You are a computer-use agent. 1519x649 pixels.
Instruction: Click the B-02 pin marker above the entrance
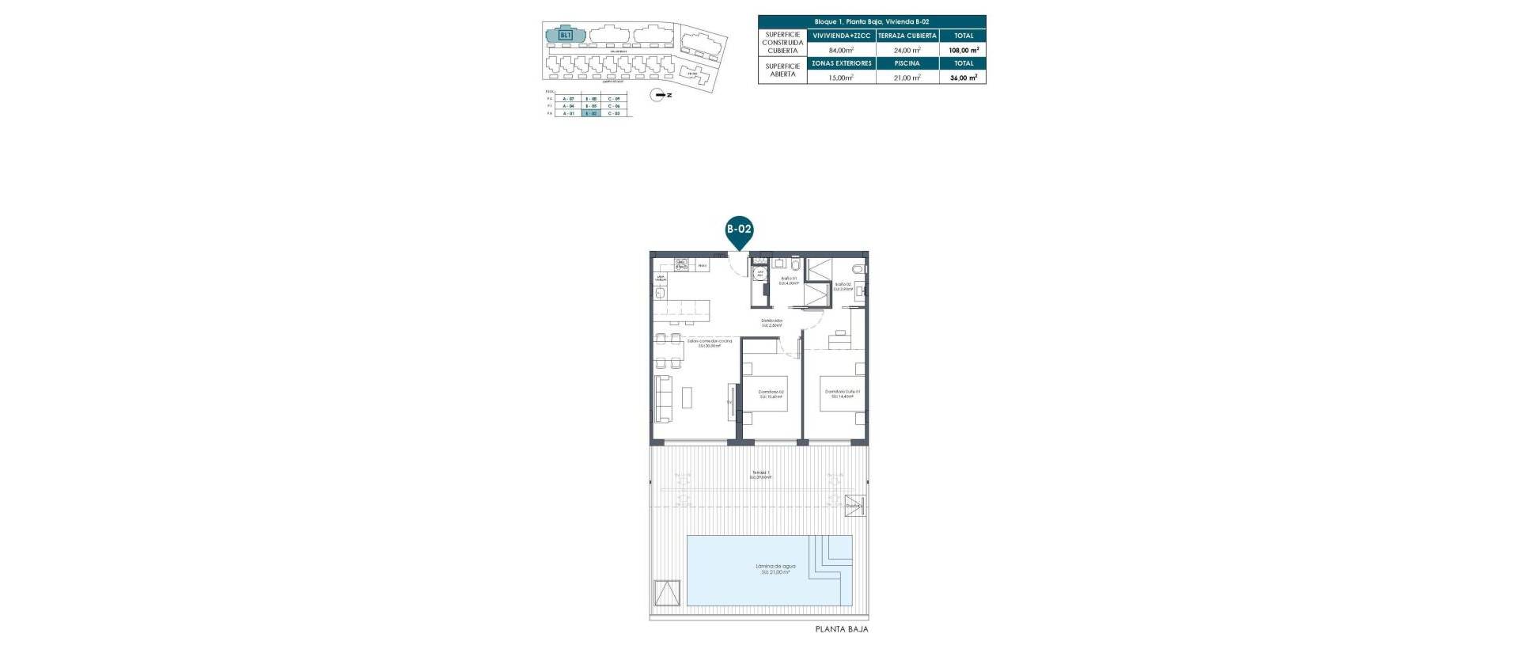(739, 230)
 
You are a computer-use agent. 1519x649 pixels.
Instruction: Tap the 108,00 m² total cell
(964, 50)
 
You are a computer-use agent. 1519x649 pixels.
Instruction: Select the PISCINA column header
(907, 63)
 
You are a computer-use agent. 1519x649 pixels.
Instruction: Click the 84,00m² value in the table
(841, 50)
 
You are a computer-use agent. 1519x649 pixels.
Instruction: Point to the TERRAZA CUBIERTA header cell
(907, 36)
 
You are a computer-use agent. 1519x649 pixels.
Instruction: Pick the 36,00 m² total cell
(964, 78)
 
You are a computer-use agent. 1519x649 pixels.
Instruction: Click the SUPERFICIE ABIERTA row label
(782, 70)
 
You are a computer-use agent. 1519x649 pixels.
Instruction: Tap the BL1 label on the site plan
(565, 36)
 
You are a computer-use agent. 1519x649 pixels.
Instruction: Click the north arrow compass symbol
(657, 95)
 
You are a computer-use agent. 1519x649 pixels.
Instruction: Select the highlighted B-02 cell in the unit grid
(589, 113)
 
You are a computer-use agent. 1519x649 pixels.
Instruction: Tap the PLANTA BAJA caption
(841, 630)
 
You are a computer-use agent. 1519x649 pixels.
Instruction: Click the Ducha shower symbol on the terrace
(854, 506)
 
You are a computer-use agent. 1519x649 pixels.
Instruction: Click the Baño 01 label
(789, 280)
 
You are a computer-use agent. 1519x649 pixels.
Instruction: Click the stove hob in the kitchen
(128, 264)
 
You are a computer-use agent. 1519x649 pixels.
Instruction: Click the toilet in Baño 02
(862, 269)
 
